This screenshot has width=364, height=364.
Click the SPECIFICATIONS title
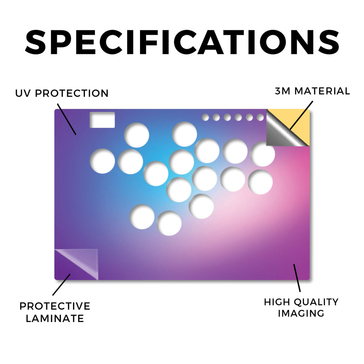point(182,42)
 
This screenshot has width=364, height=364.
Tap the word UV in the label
point(22,93)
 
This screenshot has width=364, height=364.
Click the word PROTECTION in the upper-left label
point(72,93)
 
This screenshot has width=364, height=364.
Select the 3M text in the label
point(283,91)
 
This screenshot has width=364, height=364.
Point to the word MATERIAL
point(322,91)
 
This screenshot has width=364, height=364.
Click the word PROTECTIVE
point(55,306)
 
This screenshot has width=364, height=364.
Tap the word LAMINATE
point(55,318)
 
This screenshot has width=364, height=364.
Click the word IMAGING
point(301,314)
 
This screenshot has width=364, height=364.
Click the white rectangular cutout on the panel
point(102,120)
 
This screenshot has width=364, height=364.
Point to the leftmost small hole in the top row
point(205,117)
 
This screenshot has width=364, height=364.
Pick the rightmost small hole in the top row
point(260,117)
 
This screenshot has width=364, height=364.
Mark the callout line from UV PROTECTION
point(66,119)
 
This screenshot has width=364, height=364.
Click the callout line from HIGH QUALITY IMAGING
point(297,278)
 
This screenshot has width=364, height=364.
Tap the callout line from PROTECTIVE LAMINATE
point(61,285)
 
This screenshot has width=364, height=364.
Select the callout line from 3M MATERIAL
point(301,116)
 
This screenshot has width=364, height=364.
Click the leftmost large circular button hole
point(102,161)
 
